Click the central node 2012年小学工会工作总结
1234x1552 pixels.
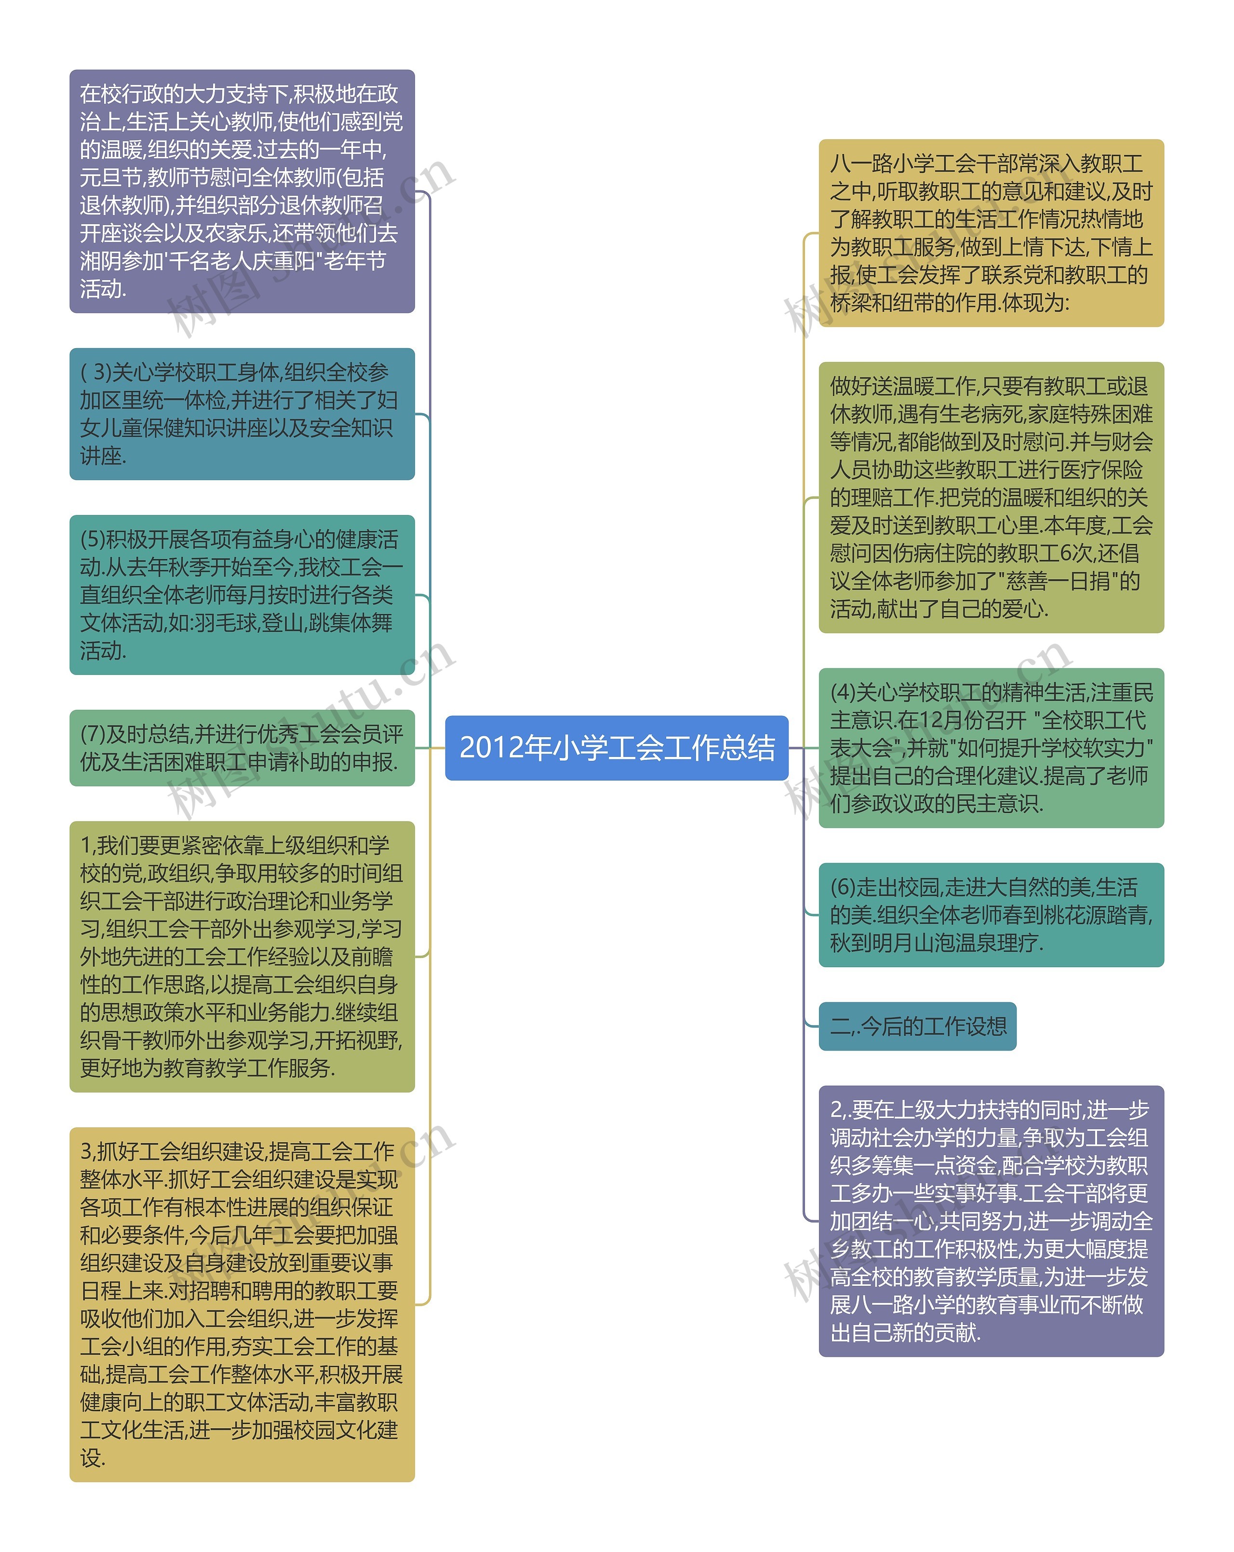tap(617, 747)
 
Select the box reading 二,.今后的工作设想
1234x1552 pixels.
tap(917, 1026)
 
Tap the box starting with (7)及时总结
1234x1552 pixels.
tap(242, 748)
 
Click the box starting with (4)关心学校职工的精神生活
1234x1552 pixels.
tap(991, 748)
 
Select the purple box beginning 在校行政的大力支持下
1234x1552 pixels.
tap(242, 191)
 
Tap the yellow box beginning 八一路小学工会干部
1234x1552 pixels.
tap(991, 233)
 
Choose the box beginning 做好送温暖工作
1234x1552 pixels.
tap(991, 498)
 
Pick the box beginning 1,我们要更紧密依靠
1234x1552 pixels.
tap(242, 957)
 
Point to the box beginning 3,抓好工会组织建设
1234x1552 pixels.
tap(242, 1304)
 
